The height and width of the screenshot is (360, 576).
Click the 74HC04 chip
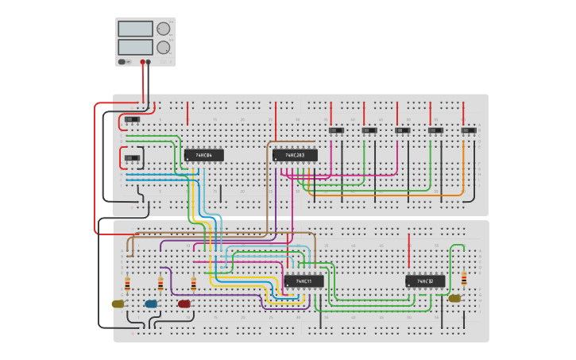coord(203,155)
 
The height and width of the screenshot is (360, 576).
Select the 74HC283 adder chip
coord(295,155)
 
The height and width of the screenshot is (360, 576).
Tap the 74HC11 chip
coord(303,281)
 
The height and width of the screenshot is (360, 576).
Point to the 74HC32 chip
coord(425,281)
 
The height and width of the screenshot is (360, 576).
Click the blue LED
coord(151,304)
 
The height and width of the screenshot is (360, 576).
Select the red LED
coord(184,304)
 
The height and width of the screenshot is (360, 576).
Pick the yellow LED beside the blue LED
coord(118,304)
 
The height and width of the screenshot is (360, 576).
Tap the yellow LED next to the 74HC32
coord(454,299)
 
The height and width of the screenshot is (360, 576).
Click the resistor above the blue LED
coord(160,284)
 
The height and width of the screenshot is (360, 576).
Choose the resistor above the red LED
coord(193,284)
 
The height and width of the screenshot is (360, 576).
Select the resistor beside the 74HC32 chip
coord(464,278)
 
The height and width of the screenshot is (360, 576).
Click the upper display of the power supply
coord(135,29)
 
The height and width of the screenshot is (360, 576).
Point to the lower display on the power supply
coord(135,47)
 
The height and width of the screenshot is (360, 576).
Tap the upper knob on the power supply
coord(164,29)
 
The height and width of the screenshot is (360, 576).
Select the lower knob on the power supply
coord(164,47)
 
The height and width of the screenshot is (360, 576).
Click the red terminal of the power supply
coord(143,61)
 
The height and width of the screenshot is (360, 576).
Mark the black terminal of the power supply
coord(149,61)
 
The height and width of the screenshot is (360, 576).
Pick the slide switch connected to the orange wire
coord(469,130)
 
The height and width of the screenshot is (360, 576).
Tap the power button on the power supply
coord(124,61)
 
